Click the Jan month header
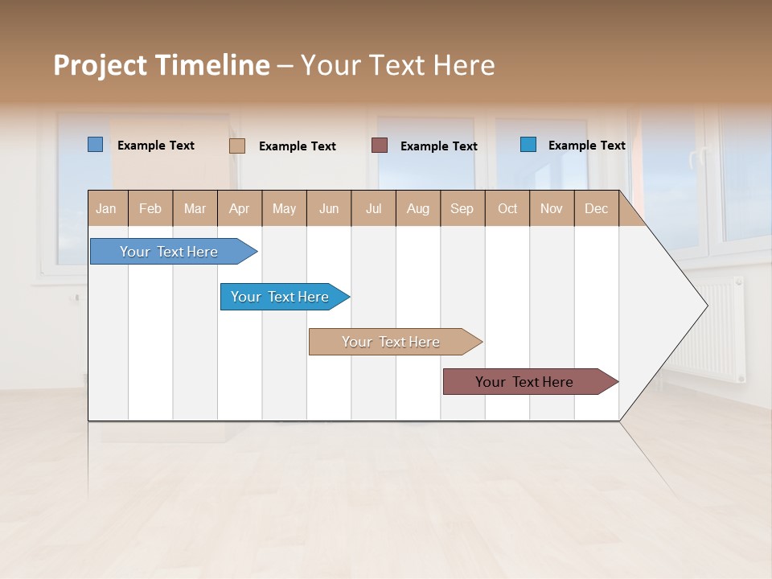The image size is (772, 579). [107, 208]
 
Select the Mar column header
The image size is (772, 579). [195, 208]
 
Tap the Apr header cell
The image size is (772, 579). [240, 208]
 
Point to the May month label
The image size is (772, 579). [284, 208]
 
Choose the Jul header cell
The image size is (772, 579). [373, 208]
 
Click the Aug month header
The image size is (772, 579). [417, 208]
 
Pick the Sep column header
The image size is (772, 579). [462, 208]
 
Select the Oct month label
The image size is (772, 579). [507, 208]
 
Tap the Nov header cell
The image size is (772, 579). [552, 208]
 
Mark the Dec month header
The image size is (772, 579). [596, 208]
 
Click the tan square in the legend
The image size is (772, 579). [237, 146]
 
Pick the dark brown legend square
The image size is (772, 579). [380, 145]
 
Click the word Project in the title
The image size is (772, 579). [99, 65]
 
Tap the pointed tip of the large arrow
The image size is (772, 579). [705, 306]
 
